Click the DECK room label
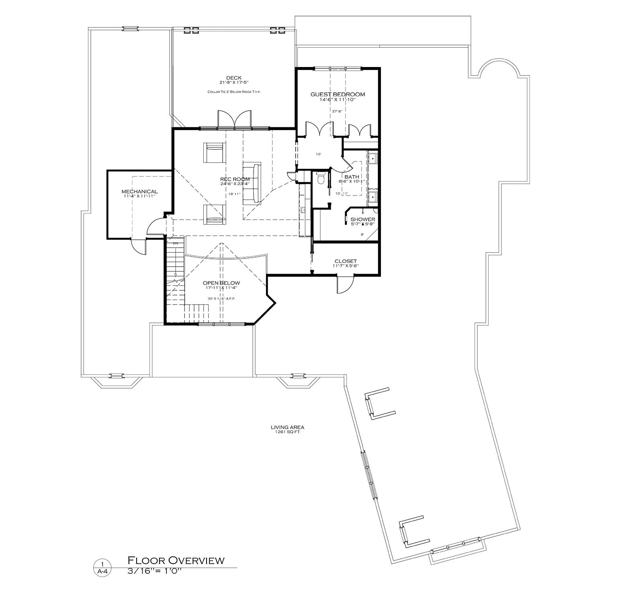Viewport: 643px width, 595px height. tap(233, 78)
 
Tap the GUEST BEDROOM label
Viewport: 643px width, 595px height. tap(338, 94)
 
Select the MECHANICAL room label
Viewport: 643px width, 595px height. tap(139, 192)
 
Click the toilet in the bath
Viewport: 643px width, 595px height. tap(321, 178)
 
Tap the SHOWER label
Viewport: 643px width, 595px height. tap(362, 220)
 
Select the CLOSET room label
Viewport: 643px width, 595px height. tap(345, 261)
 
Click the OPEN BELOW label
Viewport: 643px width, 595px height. tap(221, 283)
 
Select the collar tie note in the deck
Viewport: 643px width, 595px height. tap(234, 92)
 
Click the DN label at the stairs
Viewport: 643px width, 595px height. tap(175, 243)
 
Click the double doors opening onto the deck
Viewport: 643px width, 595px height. tap(234, 120)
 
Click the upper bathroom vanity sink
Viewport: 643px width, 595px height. tap(373, 159)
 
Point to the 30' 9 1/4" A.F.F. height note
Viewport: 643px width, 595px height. tap(221, 298)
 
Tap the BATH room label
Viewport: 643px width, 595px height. tap(352, 177)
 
